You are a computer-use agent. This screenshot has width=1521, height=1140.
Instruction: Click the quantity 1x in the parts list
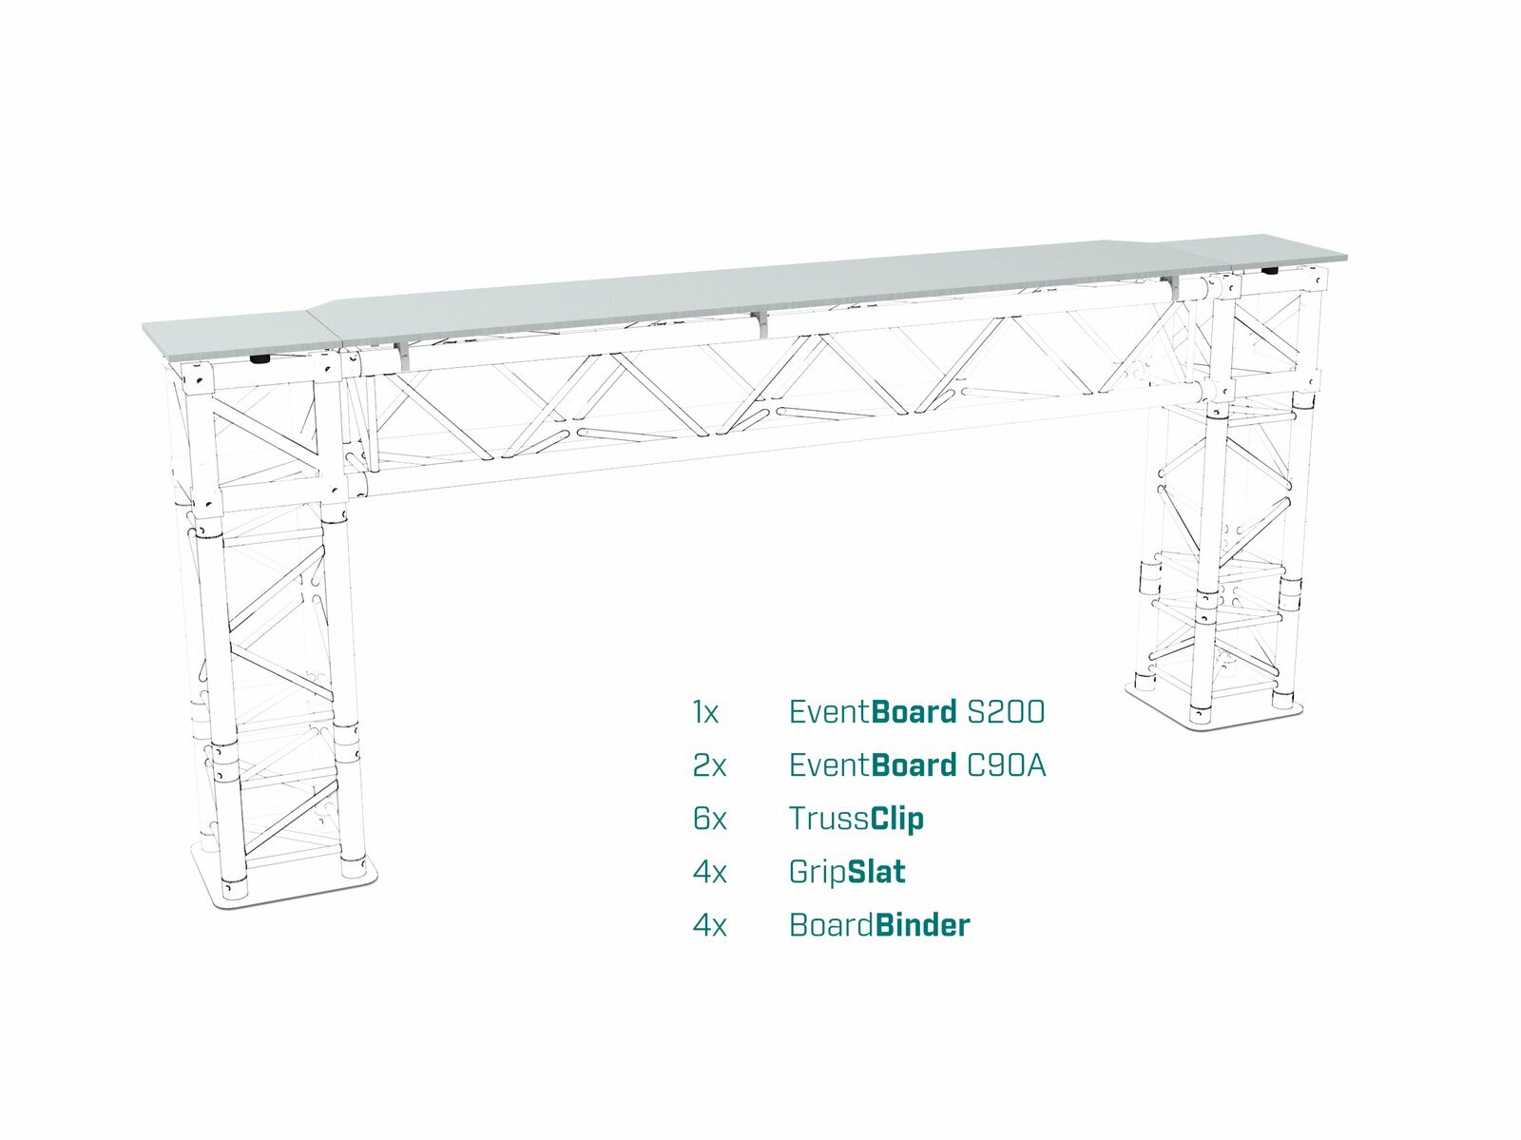(705, 712)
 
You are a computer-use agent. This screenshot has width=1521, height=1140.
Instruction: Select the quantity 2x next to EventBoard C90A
(709, 765)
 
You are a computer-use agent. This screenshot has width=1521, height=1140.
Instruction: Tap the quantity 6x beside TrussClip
(709, 819)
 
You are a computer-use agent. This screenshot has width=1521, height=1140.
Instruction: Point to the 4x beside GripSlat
(709, 872)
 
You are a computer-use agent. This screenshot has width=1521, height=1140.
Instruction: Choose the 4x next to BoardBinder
(709, 925)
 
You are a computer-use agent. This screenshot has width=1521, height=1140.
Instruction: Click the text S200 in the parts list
(1006, 712)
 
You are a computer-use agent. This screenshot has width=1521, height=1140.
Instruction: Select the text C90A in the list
(1006, 765)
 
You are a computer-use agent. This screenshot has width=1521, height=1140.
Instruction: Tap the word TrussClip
(857, 820)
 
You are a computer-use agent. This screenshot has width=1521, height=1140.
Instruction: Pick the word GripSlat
(847, 873)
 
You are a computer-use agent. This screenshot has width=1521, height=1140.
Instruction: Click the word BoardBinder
(879, 925)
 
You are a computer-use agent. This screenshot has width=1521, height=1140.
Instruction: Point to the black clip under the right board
(1270, 271)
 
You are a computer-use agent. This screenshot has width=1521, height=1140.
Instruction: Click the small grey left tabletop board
(242, 337)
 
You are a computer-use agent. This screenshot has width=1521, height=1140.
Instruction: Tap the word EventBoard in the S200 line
(873, 712)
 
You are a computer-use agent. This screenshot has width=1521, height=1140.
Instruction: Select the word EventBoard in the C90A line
(873, 765)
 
